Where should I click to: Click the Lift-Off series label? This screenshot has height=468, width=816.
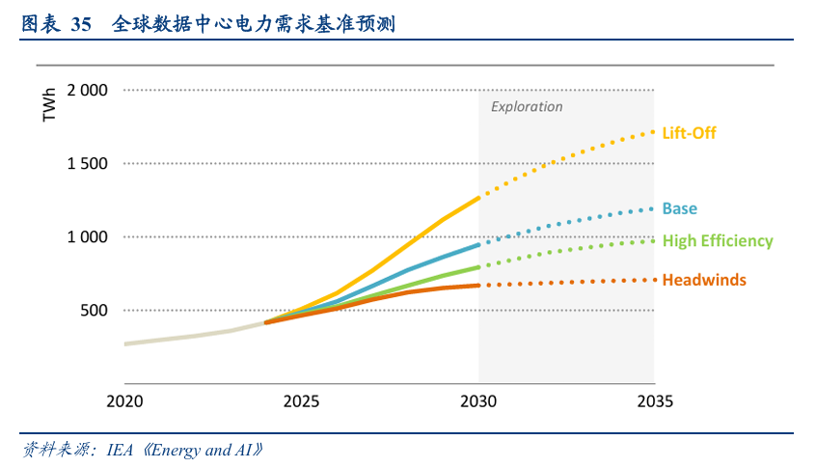coord(689,132)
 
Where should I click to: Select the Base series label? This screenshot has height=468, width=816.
coord(679,208)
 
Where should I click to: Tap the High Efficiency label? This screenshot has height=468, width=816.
coord(718,241)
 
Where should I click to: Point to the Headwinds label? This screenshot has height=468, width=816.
coord(704,280)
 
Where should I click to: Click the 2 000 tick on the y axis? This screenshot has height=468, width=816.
coord(87,91)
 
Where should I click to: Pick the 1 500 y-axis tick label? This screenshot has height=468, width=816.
coord(87,164)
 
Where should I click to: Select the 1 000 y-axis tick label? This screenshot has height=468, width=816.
coord(87,237)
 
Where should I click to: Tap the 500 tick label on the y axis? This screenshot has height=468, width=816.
coord(94,311)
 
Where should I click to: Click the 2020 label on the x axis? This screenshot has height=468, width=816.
coord(124,400)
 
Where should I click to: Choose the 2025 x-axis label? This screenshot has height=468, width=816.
coord(302,400)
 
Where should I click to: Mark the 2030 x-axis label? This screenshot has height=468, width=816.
coord(479,400)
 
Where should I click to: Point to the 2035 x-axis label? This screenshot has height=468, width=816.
coord(655,400)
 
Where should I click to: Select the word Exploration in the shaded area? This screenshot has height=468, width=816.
coord(527,107)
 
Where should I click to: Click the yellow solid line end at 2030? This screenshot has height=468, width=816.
coord(478,198)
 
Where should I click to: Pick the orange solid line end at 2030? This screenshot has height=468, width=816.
coord(478,286)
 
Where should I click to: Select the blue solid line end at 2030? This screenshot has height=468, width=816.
coord(478,245)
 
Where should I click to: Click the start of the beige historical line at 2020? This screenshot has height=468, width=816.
coord(125,344)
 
